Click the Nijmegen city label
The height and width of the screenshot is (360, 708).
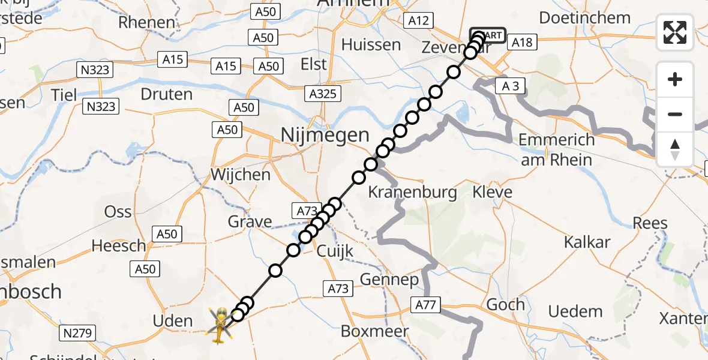325,135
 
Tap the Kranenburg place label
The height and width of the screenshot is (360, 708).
412,193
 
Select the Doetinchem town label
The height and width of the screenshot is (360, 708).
584,17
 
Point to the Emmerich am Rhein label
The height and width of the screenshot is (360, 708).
556,150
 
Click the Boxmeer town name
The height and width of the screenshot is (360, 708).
374,331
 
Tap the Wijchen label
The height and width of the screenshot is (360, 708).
240,175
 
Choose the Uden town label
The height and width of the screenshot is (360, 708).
172,320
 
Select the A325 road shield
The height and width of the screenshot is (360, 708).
323,94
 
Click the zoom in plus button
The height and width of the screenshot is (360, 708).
675,79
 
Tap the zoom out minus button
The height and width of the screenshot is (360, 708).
675,114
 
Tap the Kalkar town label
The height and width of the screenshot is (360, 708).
587,242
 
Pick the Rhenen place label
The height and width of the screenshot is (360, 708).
147,23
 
